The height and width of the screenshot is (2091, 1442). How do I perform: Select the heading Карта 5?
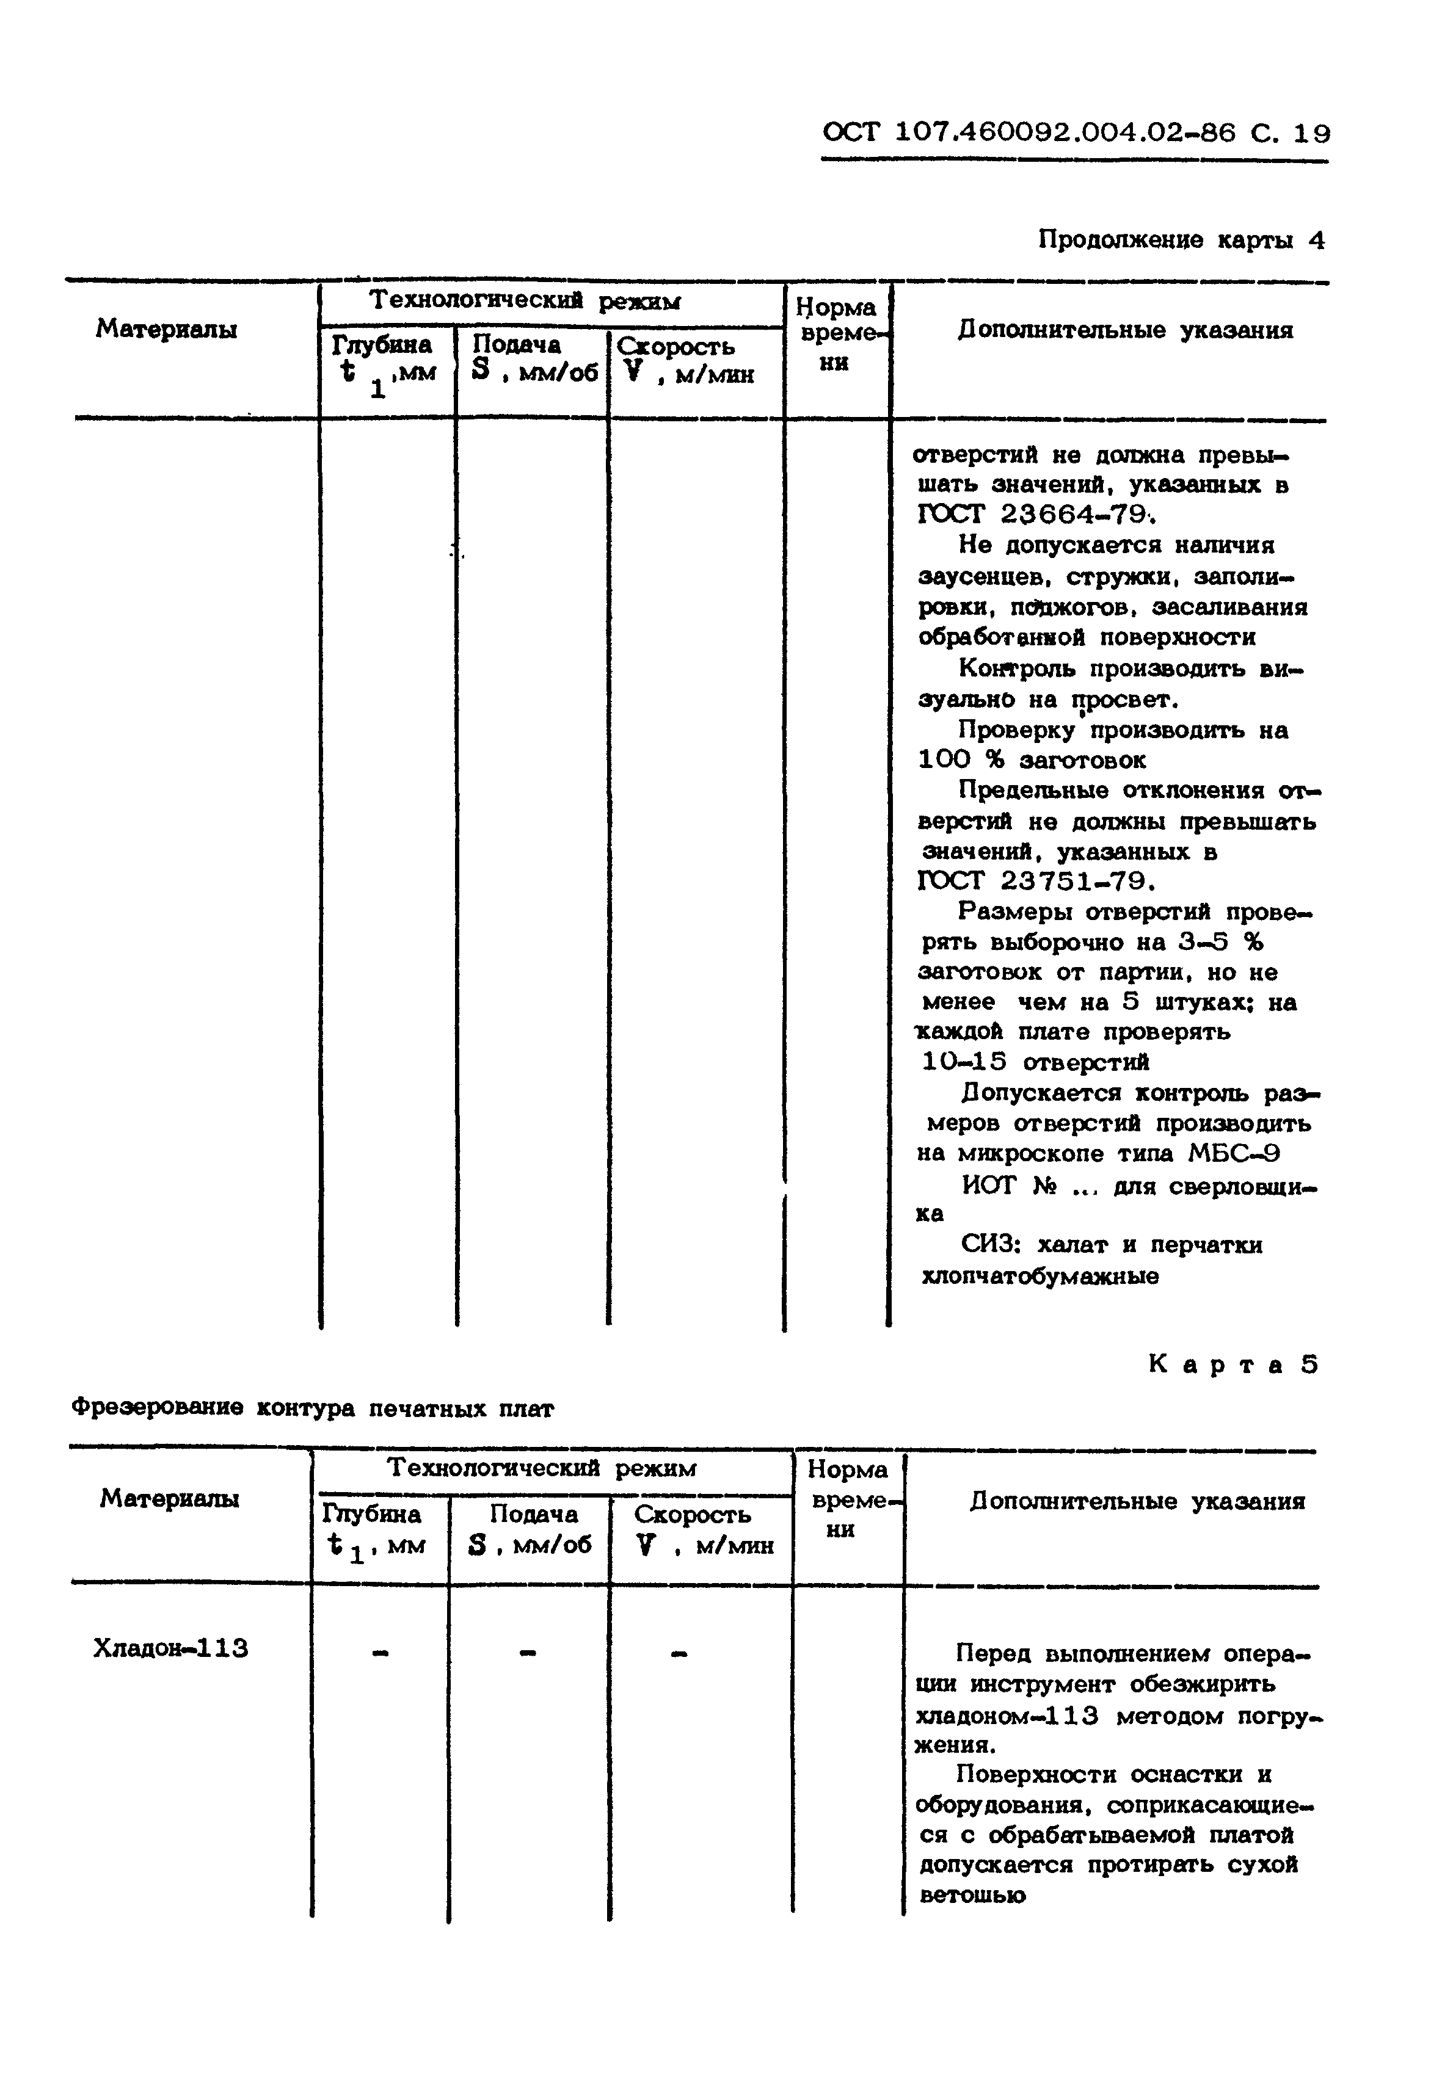pos(1233,1364)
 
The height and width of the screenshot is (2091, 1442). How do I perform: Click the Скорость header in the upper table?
pos(676,347)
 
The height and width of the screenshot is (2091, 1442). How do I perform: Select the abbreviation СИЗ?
pos(990,1245)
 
